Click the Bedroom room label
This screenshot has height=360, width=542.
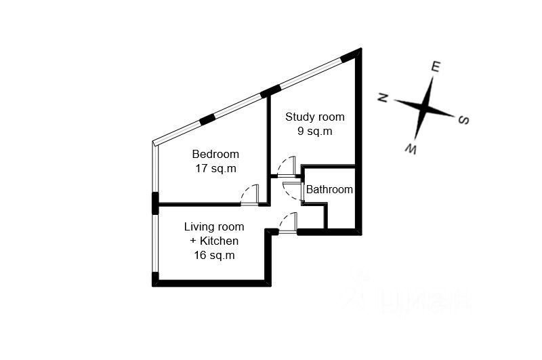pos(215,153)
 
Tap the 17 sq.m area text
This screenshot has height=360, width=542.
pos(215,168)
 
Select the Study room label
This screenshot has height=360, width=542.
pos(314,117)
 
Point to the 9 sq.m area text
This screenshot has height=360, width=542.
pos(314,132)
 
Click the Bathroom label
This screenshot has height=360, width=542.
pos(329,190)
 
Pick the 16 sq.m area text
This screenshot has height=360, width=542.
pos(214,255)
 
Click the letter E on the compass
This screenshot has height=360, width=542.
pos(436,66)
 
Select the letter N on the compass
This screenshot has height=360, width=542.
pos(383,98)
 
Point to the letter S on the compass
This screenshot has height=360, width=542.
pos(464,120)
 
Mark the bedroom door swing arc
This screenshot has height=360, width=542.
pos(249,193)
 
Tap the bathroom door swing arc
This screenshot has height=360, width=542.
pos(293,191)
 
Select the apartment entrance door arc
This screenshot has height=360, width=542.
pos(288,222)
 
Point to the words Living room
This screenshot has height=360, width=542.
pos(214,226)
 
